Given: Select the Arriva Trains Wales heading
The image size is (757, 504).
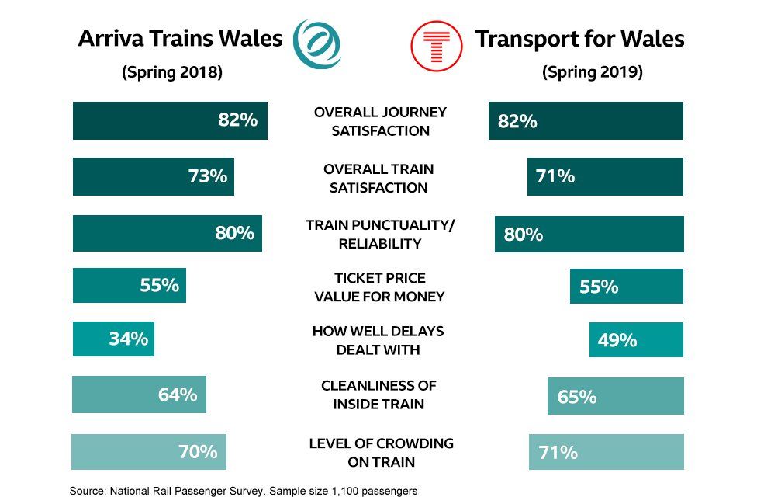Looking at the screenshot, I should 180,39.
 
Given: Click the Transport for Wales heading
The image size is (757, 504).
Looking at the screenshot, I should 579,39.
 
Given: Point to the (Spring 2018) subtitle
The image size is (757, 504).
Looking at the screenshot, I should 172,73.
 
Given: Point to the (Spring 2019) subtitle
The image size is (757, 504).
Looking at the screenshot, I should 593,73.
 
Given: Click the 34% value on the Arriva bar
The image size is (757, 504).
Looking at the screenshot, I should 128,339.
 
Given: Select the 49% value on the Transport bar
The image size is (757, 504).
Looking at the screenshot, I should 617,340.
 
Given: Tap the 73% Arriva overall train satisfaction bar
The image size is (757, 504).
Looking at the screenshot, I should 153,177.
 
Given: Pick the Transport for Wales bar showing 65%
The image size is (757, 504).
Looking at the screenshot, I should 615,397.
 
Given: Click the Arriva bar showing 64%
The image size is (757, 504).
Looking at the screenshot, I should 139,395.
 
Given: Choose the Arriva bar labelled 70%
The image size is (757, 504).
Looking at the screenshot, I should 148,452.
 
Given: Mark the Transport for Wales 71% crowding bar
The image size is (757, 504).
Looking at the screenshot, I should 606,452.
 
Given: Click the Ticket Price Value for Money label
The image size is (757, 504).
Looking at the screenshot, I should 379,287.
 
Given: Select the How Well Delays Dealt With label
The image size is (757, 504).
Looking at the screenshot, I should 378,340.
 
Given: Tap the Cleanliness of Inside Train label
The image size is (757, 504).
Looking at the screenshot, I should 378,395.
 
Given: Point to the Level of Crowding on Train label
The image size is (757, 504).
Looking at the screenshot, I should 381,453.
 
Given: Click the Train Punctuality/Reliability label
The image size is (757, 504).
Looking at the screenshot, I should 379,234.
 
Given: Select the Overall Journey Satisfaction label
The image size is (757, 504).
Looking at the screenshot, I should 380,121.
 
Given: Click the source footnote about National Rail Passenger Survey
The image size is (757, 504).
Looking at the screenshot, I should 244,492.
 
